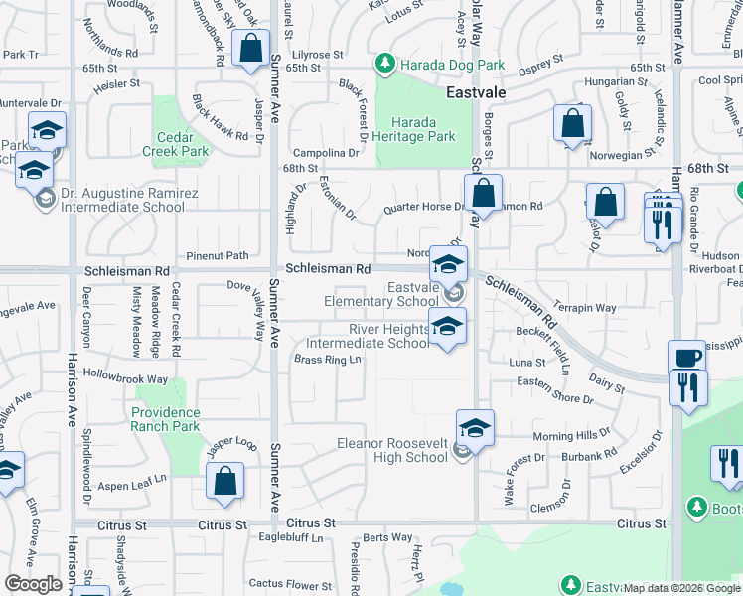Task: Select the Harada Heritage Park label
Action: point(415,129)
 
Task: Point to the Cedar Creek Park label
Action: point(182,145)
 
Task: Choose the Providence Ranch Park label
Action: point(165,419)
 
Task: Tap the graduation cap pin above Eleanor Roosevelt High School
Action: point(476,428)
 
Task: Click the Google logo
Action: point(33,584)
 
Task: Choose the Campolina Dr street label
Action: point(325,153)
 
